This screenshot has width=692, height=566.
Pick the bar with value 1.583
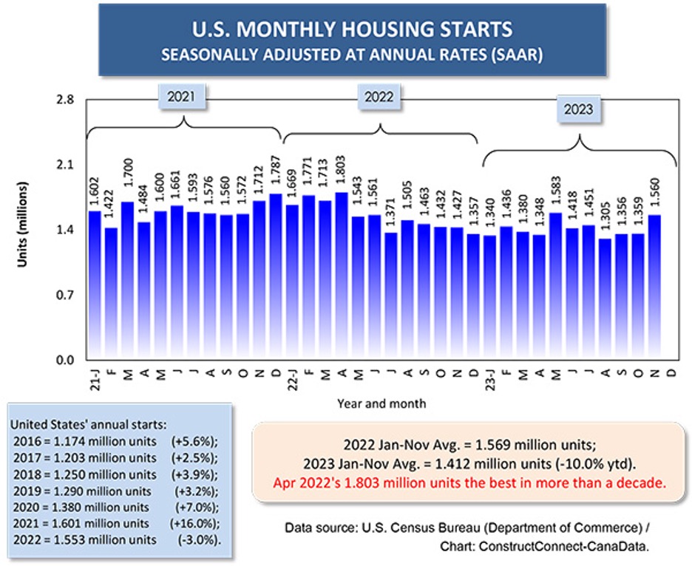point(556,284)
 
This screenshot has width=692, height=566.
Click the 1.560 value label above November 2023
point(654,193)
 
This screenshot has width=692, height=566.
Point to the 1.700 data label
point(127,180)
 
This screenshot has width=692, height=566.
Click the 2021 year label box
point(182,96)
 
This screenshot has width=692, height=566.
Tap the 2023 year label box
point(578,110)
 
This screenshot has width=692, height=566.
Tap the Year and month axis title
point(380,404)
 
